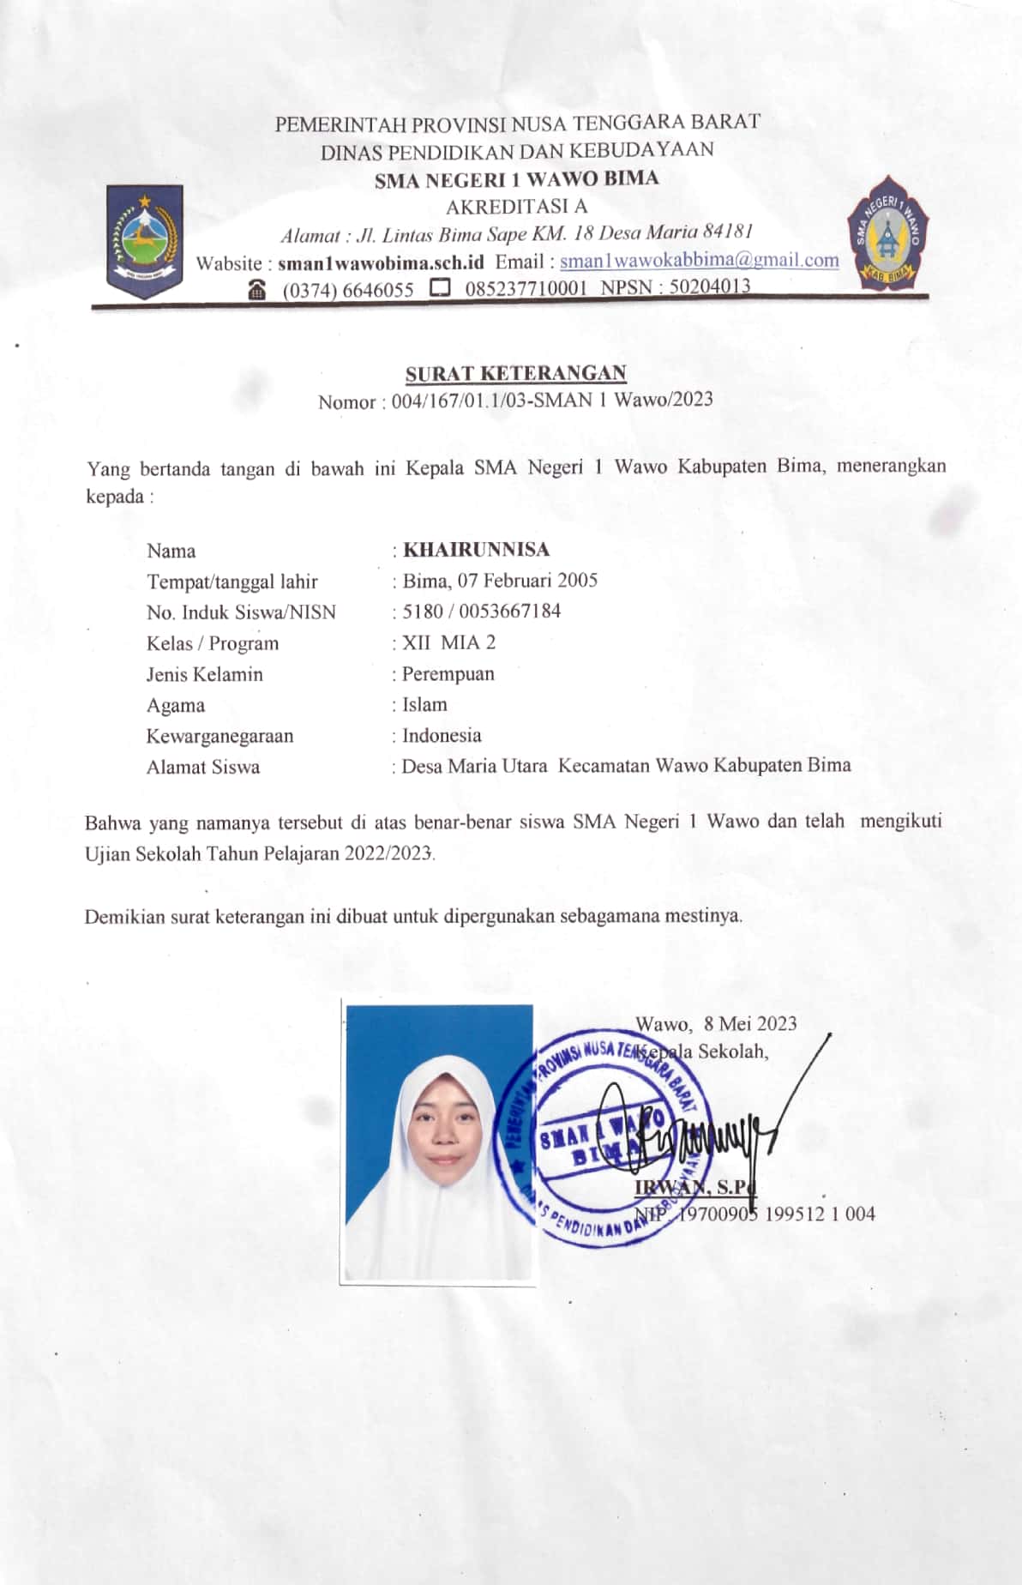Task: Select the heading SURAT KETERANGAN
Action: tap(515, 374)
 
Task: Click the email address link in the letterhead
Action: tap(699, 261)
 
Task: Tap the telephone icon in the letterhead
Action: tap(256, 290)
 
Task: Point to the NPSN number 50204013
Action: tap(710, 286)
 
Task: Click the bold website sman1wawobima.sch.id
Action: tap(381, 262)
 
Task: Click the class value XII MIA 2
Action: tap(448, 642)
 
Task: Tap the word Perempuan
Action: tap(448, 674)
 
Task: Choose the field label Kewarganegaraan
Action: tap(219, 736)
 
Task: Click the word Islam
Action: tap(425, 705)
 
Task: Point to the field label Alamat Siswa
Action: tap(203, 767)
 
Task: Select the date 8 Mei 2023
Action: tap(750, 1023)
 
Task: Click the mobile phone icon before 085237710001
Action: tap(440, 288)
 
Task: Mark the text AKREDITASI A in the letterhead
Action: tap(516, 206)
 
